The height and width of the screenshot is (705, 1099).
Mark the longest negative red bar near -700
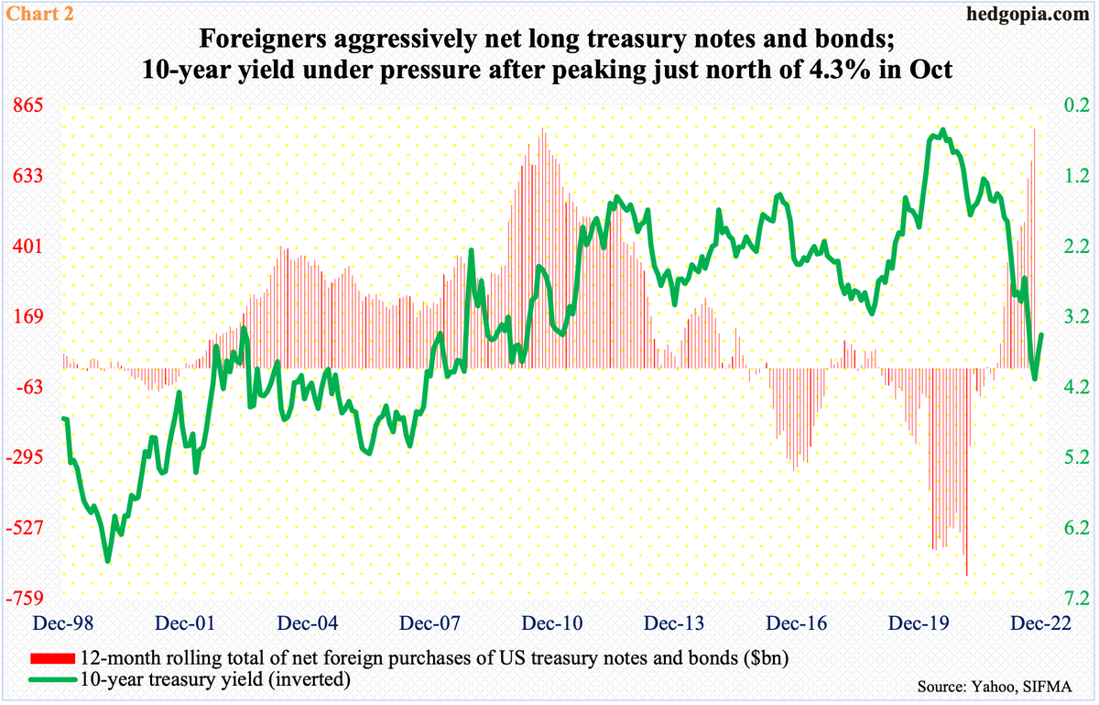click(966, 573)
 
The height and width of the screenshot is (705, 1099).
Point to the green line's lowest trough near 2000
click(107, 561)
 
